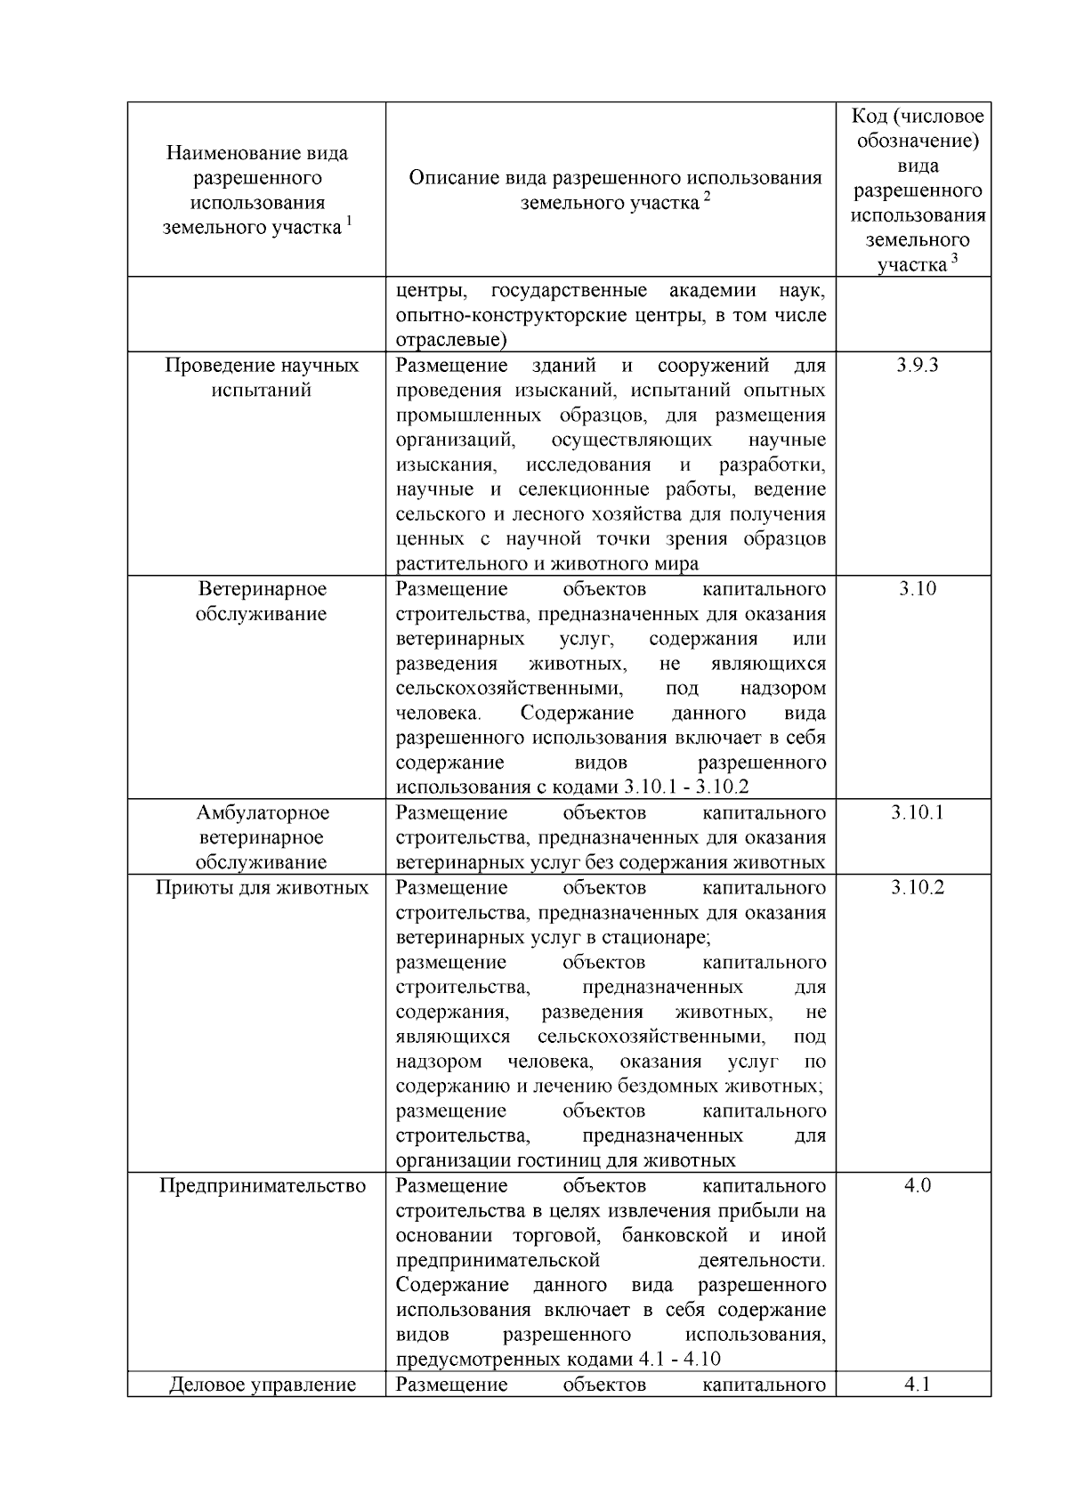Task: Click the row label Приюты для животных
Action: (x=262, y=888)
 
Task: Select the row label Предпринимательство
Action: (x=262, y=1186)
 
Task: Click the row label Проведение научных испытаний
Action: (x=262, y=378)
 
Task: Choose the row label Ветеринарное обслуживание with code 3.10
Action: (x=262, y=602)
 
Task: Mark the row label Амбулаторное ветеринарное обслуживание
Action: (x=262, y=837)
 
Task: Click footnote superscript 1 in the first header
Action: (x=349, y=222)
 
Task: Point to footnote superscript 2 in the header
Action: (x=707, y=197)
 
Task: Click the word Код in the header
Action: (x=870, y=117)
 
